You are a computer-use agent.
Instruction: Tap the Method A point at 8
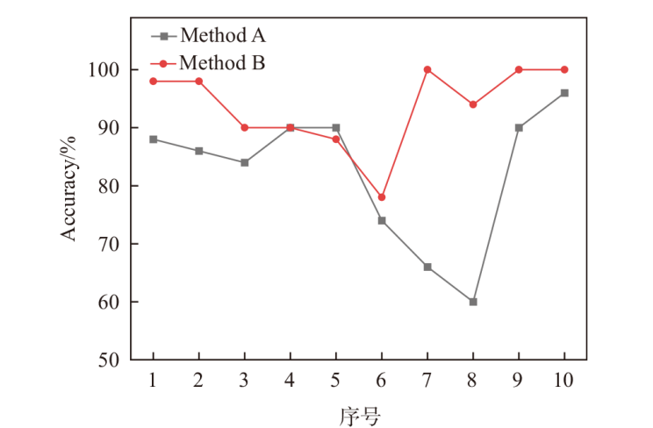point(473,302)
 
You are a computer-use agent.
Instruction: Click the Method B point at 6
point(382,197)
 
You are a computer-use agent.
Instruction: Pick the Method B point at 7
point(427,69)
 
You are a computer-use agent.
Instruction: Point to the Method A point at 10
point(564,93)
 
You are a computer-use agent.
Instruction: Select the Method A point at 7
point(427,267)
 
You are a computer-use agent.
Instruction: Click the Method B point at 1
point(154,81)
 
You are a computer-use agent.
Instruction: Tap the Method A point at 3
point(245,162)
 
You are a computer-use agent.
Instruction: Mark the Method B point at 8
point(473,104)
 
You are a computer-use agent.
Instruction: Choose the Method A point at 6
point(382,220)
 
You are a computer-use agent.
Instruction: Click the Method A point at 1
point(154,139)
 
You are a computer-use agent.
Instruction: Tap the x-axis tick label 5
point(336,380)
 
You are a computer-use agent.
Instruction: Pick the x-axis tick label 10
point(564,380)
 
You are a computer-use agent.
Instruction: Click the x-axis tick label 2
point(199,380)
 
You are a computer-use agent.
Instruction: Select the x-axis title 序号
point(359,415)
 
